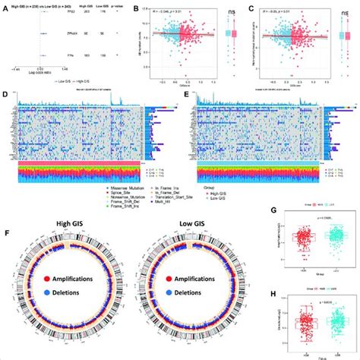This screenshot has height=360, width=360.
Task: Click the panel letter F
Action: click(7, 228)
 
